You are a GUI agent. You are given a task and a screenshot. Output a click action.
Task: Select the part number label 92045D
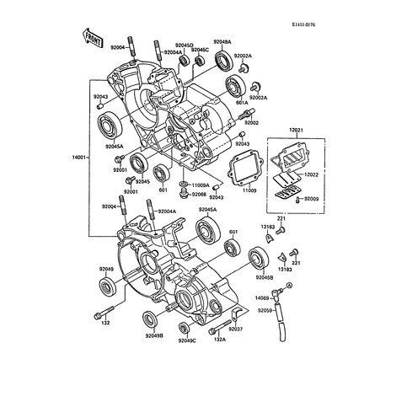(x=185, y=44)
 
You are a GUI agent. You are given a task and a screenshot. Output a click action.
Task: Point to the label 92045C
(x=200, y=51)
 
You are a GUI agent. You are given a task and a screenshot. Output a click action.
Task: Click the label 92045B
(x=265, y=276)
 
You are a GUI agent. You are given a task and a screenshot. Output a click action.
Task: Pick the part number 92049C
(x=187, y=340)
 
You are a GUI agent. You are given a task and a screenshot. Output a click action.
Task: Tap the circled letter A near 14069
(x=288, y=290)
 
